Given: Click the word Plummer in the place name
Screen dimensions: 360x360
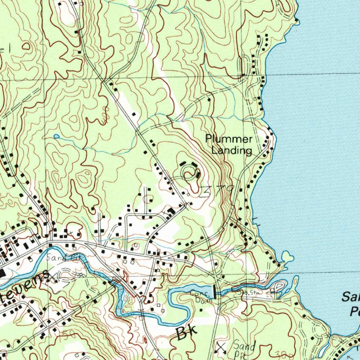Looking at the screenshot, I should [229, 139].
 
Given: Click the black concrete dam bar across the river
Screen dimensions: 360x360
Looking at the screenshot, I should [215, 291].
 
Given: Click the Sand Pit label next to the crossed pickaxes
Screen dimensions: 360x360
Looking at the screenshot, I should [245, 349].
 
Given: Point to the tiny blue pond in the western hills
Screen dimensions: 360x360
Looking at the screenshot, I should [56, 136].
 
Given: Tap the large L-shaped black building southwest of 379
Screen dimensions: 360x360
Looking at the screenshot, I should [172, 211].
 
